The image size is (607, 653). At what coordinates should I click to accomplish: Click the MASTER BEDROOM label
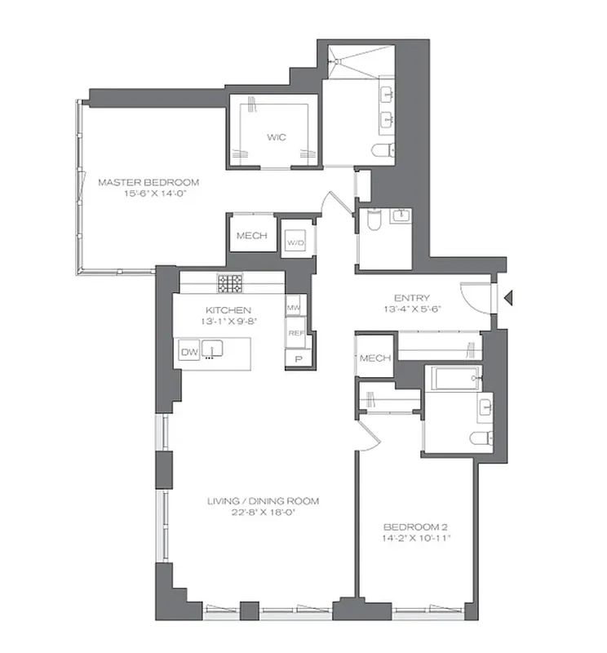[x=148, y=182]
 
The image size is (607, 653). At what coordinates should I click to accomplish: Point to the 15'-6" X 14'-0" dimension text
[x=148, y=194]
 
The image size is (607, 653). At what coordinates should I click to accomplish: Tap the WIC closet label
[x=273, y=137]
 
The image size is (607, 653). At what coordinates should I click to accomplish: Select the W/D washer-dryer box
[x=295, y=242]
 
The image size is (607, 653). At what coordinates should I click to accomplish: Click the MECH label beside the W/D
[x=251, y=236]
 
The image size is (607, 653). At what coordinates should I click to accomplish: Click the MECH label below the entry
[x=375, y=358]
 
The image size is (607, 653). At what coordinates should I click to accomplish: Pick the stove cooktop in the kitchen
[x=229, y=283]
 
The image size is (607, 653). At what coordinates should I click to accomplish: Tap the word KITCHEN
[x=228, y=310]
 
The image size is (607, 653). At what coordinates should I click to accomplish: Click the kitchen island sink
[x=212, y=351]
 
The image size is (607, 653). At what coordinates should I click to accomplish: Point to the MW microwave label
[x=294, y=307]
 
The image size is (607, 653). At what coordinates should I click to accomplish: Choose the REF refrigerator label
[x=295, y=334]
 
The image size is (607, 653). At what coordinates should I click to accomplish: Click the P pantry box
[x=298, y=359]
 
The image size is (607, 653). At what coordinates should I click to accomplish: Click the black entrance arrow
[x=507, y=300]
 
